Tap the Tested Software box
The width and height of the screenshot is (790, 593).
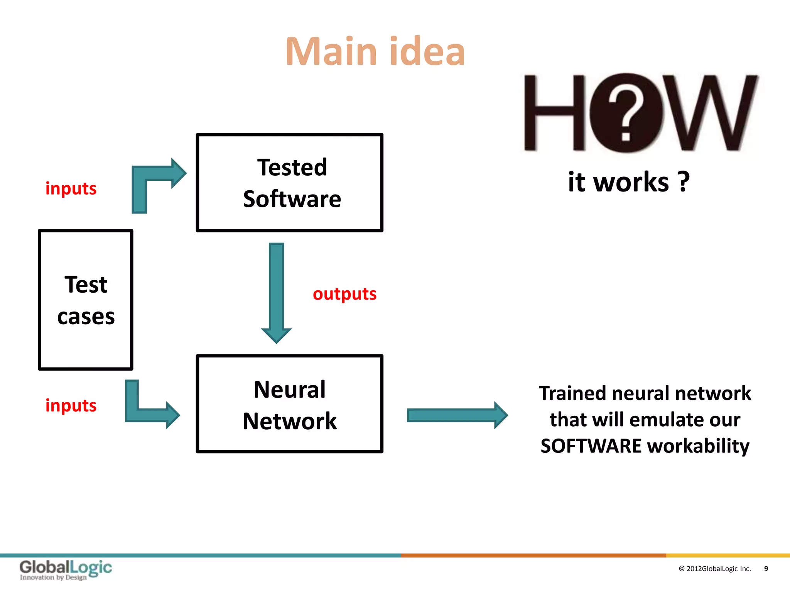coord(290,183)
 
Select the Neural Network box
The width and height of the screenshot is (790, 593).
coord(290,404)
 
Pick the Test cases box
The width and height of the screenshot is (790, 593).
coord(86,300)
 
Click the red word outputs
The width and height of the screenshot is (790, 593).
coord(344,294)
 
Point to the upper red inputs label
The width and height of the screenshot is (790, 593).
coord(71,188)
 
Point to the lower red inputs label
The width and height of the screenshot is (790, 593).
coord(71,405)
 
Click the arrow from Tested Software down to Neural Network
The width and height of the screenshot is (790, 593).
coord(277,290)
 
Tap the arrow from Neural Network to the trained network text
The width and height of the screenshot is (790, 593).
coord(457,415)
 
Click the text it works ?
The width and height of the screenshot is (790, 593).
coord(629,182)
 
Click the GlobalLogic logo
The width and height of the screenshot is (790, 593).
coord(66,569)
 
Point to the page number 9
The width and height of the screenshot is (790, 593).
coord(766,569)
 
